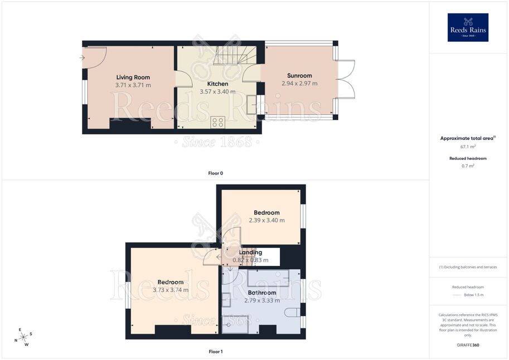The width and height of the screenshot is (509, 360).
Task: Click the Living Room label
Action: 133,77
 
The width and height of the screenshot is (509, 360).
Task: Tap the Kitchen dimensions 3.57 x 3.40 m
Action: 217,91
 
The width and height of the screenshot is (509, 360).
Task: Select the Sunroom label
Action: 299,76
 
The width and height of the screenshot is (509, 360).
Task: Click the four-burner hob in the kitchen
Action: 217,123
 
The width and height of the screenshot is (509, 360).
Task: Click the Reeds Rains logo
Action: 468,28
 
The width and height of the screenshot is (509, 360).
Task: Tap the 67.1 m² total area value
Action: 468,147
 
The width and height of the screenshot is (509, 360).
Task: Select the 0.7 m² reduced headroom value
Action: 468,166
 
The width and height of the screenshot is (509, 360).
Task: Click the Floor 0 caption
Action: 216,173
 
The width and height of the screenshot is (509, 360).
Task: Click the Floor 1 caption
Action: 216,352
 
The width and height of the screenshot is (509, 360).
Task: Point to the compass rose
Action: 23,338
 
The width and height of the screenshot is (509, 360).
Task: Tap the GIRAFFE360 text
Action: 468,345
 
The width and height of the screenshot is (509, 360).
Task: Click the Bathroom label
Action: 262,293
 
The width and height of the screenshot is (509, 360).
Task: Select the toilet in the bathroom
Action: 293,313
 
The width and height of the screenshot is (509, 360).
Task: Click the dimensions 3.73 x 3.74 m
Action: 171,290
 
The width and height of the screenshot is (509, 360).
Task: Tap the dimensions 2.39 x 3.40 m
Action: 266,220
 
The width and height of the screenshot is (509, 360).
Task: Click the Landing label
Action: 250,252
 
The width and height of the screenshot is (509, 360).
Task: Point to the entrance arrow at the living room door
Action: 82,58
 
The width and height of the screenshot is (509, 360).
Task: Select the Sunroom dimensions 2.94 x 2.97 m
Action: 299,84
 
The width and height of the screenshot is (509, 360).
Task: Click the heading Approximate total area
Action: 467,138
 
